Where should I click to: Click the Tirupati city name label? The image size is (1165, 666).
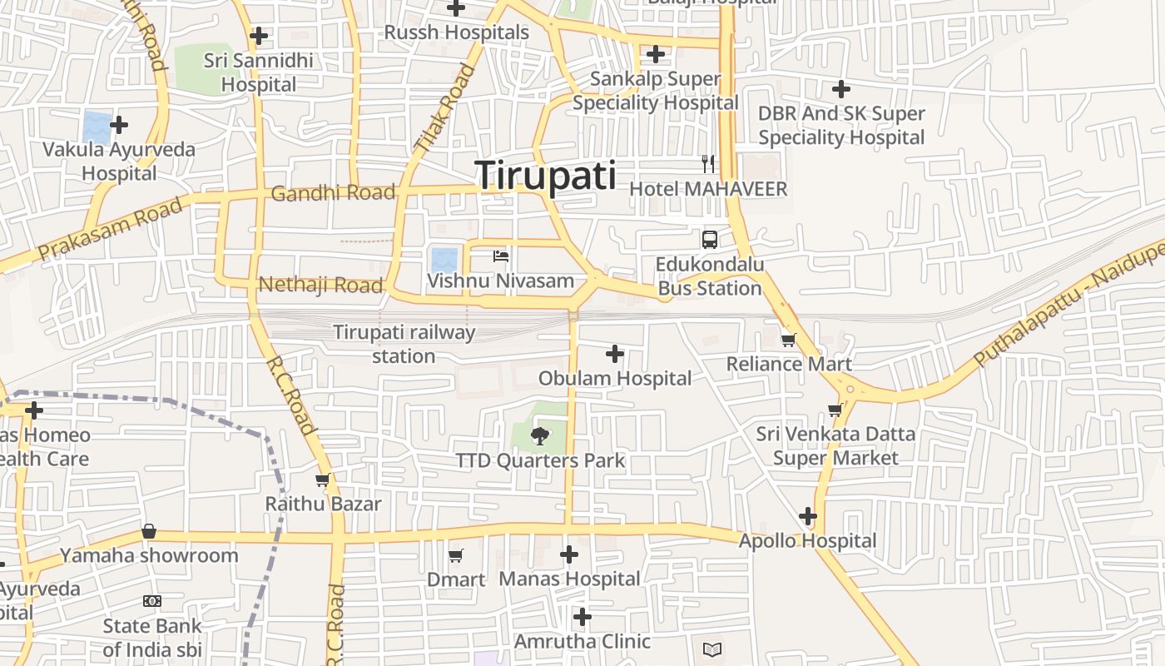546,176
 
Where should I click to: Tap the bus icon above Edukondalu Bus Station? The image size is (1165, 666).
710,240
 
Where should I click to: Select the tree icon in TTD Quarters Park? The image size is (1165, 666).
540,435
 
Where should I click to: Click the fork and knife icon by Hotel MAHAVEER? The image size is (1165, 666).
708,163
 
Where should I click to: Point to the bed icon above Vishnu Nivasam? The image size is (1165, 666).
501,256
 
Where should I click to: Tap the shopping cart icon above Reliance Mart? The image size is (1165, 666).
788,339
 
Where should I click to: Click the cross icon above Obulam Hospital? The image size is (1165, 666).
615,354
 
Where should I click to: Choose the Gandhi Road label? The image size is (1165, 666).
333,193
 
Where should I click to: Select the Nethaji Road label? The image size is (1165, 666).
320,285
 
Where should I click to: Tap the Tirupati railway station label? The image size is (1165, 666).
404,344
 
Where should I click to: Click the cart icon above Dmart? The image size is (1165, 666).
455,555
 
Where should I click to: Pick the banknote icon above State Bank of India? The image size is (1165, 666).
151,601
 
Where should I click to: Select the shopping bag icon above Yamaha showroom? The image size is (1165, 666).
149,531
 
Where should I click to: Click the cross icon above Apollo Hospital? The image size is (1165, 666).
808,516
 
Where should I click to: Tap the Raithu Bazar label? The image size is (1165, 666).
323,504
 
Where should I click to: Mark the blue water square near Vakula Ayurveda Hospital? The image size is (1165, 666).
97,127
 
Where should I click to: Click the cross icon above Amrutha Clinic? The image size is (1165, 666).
582,617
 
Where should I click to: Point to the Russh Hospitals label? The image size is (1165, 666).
456,32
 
